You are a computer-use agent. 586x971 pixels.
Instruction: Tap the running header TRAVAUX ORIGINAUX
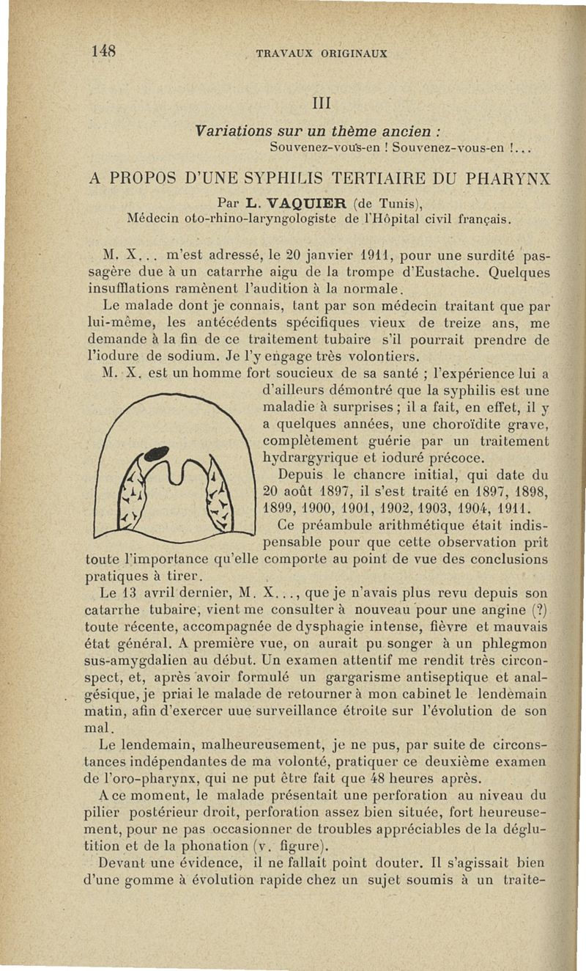click(x=321, y=53)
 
